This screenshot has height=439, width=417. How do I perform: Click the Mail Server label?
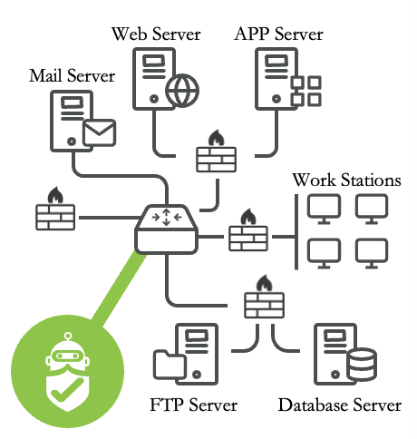click(72, 75)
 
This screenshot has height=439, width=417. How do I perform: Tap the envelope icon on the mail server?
click(99, 132)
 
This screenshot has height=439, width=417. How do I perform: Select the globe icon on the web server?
click(182, 91)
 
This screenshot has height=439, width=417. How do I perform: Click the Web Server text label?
click(156, 34)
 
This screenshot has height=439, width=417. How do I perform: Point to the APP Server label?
click(278, 34)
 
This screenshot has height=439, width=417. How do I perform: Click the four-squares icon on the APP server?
click(305, 91)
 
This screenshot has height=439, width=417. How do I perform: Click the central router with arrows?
click(166, 229)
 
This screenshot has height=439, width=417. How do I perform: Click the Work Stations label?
click(346, 180)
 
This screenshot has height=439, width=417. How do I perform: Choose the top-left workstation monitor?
click(324, 210)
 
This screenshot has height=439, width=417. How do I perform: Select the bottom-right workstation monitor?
click(372, 253)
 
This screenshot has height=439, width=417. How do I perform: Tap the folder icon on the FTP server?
click(170, 365)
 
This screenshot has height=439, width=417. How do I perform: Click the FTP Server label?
click(194, 405)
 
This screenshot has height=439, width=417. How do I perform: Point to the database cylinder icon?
click(362, 365)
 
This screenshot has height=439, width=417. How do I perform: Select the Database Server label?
click(340, 405)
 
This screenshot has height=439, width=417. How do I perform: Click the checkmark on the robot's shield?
click(67, 390)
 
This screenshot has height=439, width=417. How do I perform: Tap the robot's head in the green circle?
click(68, 354)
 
